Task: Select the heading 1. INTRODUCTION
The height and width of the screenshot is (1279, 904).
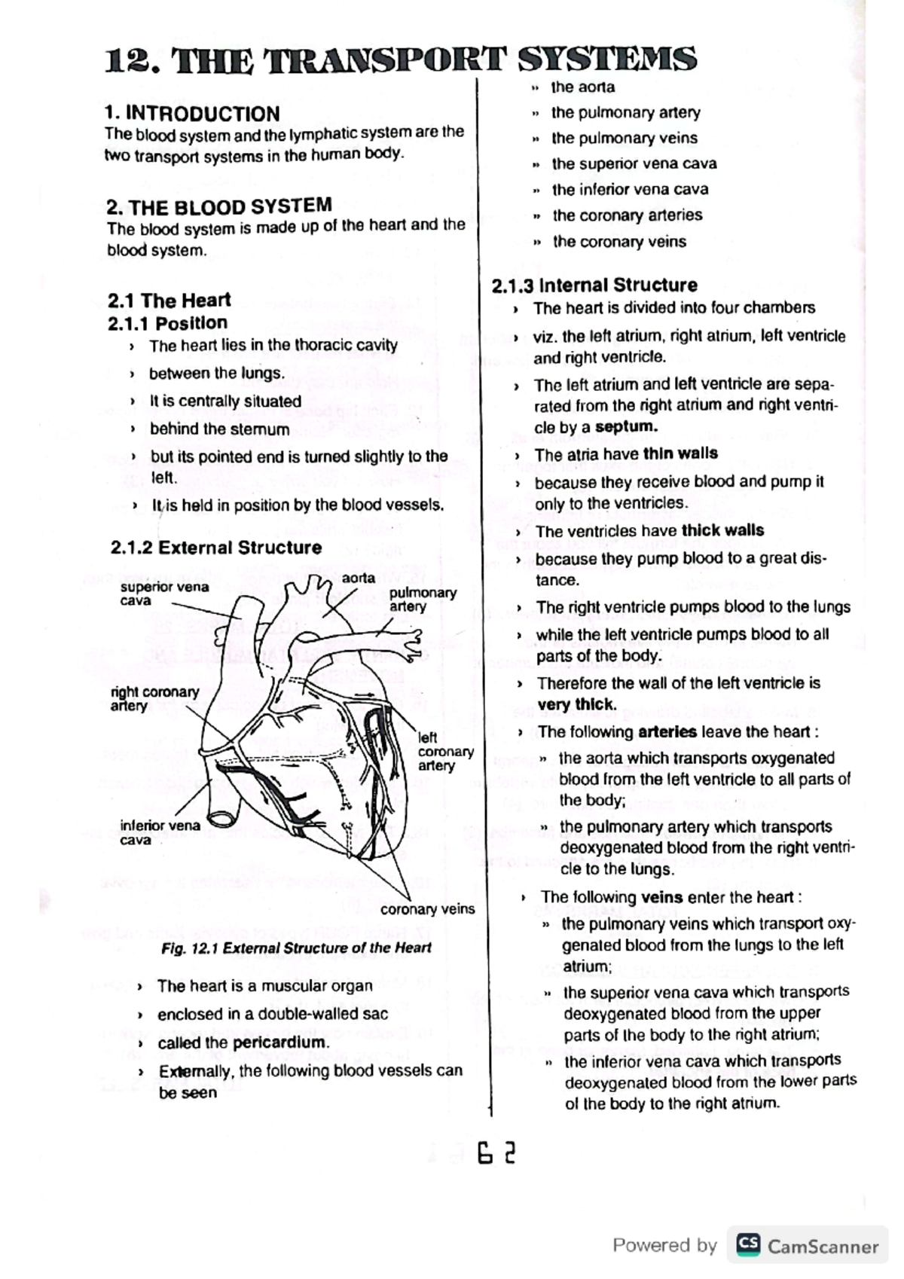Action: pos(191,114)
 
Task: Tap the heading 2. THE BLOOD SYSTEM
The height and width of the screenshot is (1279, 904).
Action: pos(218,206)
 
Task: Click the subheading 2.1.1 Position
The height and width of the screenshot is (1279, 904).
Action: pos(167,323)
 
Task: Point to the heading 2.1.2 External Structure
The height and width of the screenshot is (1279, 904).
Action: pos(215,548)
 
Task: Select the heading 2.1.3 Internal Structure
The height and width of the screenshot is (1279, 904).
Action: pos(594,285)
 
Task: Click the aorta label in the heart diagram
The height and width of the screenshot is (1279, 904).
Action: pos(358,578)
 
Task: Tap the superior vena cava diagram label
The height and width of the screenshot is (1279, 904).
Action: pos(163,594)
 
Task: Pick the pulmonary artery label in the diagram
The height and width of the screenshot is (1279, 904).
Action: pos(422,600)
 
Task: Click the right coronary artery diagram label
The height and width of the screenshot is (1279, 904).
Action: pos(154,698)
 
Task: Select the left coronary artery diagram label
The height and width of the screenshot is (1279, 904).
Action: pos(445,752)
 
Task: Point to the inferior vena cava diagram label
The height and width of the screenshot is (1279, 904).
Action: pos(159,832)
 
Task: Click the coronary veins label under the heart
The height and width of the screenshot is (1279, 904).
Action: pos(427,909)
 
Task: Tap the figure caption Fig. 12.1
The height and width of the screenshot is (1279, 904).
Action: pos(296,948)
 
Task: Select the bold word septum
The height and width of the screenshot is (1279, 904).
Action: pos(625,427)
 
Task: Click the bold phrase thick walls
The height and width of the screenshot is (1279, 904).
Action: pos(722,530)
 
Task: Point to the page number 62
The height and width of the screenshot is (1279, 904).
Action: pos(496,1153)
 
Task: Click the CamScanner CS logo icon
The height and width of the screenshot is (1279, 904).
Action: pos(747,1244)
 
